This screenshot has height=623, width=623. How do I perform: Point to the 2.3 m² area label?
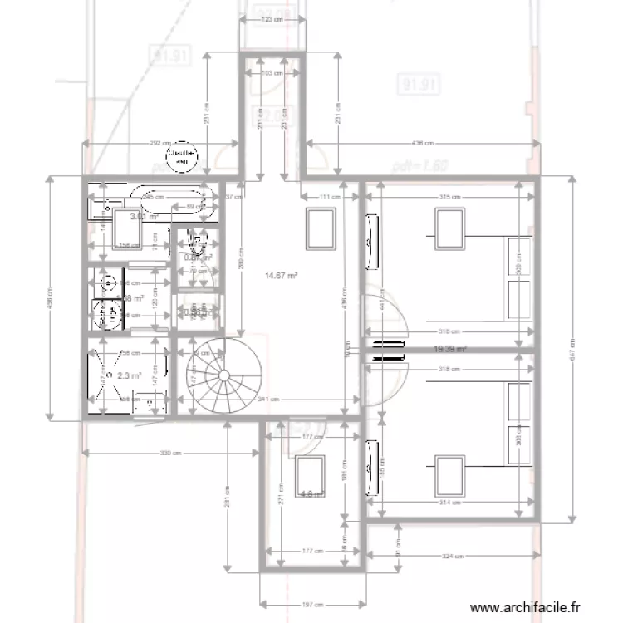(129, 376)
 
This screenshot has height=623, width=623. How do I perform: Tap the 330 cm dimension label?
(170, 453)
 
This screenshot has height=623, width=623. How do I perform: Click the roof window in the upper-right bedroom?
(449, 228)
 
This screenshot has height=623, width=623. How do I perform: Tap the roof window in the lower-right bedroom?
(449, 476)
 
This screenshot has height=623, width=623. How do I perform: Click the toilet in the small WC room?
(198, 243)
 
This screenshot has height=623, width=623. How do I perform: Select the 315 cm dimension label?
(449, 197)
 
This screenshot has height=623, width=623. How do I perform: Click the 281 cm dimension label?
(226, 497)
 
